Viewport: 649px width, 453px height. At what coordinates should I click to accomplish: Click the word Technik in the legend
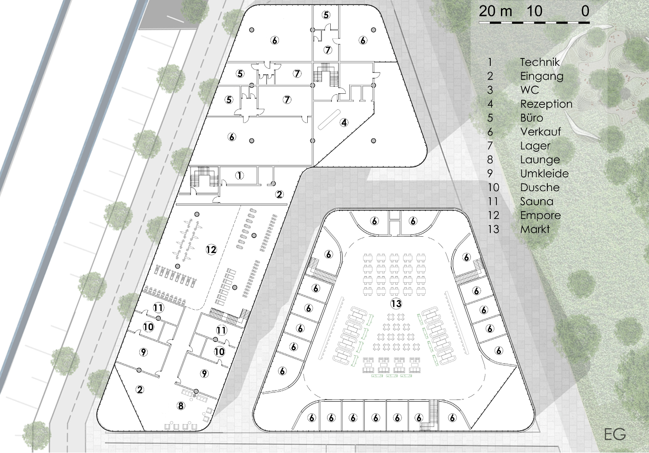point(540,62)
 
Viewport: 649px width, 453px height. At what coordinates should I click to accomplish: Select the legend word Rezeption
point(546,104)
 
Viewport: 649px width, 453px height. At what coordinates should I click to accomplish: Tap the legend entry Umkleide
point(544,173)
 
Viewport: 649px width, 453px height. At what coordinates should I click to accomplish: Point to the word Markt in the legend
point(535,229)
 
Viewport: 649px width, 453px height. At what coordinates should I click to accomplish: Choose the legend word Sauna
point(537,201)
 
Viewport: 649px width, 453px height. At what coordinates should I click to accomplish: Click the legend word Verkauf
point(540,131)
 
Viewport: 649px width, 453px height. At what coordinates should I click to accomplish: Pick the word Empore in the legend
point(540,215)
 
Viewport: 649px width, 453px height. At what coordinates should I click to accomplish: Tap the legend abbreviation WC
point(529,90)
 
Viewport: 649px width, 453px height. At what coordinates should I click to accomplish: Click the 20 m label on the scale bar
point(495,12)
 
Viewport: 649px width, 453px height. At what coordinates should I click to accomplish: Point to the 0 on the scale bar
point(585,12)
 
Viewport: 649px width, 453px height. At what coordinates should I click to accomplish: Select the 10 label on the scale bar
point(534,12)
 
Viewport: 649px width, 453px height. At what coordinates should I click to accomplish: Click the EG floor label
point(615,434)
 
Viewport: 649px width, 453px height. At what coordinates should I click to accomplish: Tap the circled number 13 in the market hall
point(396,303)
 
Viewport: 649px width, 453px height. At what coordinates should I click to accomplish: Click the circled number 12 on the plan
point(211,249)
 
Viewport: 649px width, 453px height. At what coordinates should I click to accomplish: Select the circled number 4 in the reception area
point(344,123)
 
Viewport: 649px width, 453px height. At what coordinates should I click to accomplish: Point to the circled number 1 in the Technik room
point(239,175)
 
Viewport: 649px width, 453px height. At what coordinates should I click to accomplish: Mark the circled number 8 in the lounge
point(181,406)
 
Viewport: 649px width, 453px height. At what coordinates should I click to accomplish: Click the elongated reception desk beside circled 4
point(329,119)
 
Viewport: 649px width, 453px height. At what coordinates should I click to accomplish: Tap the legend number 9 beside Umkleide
point(490,173)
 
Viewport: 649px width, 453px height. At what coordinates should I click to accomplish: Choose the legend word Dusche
point(540,187)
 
